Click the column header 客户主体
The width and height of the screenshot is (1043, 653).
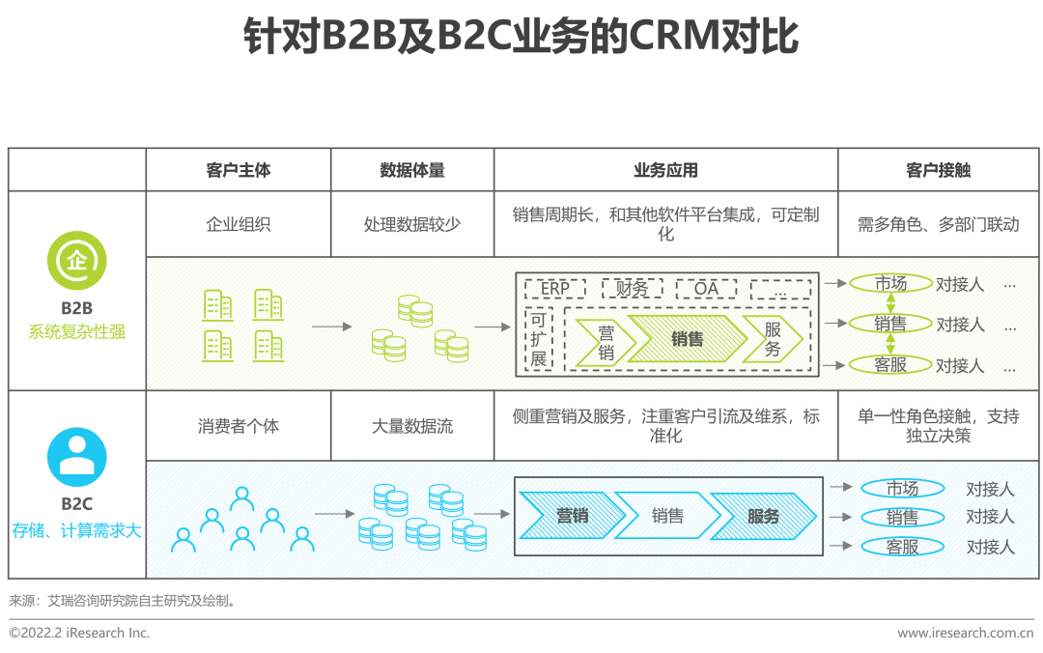pos(239,170)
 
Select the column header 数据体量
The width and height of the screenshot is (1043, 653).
pos(412,170)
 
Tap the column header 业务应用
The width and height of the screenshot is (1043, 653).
pos(665,170)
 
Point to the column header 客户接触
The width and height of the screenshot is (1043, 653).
pos(939,170)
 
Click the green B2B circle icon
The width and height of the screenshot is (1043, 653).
pos(77,260)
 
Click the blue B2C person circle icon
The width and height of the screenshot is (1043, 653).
pos(77,457)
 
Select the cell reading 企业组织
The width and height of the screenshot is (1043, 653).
pos(239,224)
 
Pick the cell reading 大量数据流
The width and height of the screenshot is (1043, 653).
pos(412,425)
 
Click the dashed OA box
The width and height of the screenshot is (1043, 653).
pos(706,288)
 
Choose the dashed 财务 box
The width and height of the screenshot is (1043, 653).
pos(632,288)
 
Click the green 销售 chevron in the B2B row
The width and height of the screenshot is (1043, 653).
pos(688,339)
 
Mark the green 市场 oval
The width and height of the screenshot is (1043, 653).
pos(890,284)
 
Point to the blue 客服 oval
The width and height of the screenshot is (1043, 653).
pos(902,547)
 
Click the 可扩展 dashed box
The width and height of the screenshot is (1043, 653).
pos(539,339)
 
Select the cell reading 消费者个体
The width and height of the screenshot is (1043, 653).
pos(239,425)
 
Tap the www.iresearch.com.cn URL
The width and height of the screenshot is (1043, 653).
pos(966,633)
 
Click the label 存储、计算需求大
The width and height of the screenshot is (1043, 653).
pos(77,530)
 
